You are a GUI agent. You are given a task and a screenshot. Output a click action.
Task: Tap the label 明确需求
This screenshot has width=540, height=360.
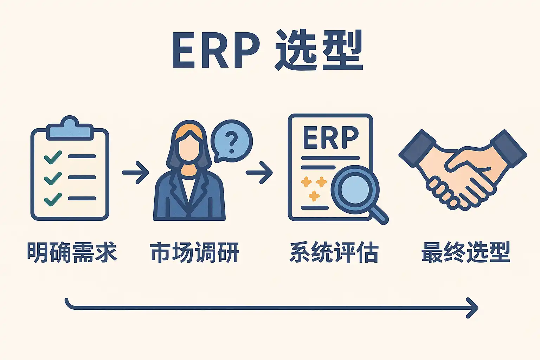coord(72,252)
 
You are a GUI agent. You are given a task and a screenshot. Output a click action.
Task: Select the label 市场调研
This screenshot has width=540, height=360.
coord(194,252)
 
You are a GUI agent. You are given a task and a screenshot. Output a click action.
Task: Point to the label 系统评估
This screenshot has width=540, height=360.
coord(334,252)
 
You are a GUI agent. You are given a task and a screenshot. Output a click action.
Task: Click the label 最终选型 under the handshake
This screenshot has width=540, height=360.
coord(466,252)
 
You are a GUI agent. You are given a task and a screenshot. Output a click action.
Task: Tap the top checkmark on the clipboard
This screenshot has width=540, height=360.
coord(53,157)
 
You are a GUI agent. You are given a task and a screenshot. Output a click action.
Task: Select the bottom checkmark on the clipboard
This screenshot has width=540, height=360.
coord(53,199)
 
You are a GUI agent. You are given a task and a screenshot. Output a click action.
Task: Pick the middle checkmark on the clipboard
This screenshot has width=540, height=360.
coord(53,178)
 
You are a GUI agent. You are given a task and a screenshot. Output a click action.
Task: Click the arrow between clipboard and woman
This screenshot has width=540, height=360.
coord(135,173)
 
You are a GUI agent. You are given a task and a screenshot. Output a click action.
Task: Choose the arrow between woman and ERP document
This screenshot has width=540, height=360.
coord(259,173)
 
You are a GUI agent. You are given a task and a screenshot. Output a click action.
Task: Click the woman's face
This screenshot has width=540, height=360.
coord(189,148)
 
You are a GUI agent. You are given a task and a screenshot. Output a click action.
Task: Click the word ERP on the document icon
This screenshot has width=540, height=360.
coord(330,138)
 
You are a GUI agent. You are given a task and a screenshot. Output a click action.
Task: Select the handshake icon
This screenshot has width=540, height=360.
coord(462,169)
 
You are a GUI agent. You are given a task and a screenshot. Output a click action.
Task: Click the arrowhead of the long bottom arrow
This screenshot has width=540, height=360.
coord(473,308)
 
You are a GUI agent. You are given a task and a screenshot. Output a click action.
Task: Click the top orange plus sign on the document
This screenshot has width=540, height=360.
coord(306,182)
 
